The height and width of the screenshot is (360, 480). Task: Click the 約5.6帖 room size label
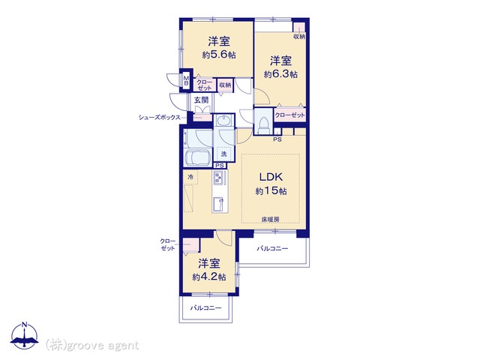point(219,55)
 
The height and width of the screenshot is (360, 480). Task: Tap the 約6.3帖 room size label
point(280,74)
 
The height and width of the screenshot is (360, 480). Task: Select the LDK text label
point(271,177)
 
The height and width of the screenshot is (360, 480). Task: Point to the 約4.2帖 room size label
point(209,277)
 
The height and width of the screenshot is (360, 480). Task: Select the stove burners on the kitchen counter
point(219,177)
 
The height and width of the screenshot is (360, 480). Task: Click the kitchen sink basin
point(219,204)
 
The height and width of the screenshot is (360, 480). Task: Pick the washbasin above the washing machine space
point(223,121)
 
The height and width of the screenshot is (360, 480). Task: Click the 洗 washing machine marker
point(223,154)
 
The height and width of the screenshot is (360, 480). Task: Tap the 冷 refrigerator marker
point(190,177)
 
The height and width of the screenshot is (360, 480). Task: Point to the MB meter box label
point(186,81)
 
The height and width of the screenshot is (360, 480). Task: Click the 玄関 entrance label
point(201,100)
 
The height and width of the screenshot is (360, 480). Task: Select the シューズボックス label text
point(159,117)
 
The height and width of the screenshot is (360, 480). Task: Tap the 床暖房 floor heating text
point(271,220)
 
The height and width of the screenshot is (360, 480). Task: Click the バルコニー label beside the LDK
point(272,248)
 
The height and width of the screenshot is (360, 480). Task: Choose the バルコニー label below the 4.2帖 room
point(205,307)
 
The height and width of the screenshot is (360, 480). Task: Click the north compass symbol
point(24,335)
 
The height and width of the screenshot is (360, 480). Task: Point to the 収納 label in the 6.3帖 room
point(299,37)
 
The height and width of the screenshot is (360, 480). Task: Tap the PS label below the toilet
point(277,139)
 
